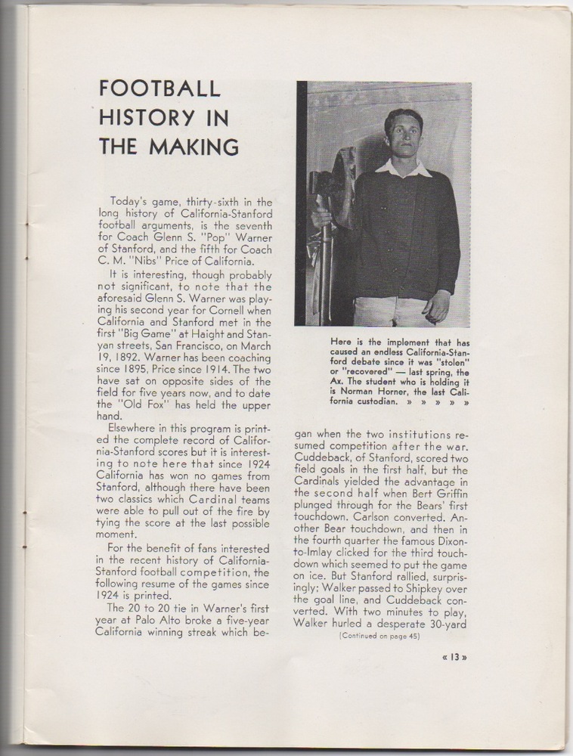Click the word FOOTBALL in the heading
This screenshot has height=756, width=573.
160,88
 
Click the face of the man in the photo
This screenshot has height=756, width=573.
403,137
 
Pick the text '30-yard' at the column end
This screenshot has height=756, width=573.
450,623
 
